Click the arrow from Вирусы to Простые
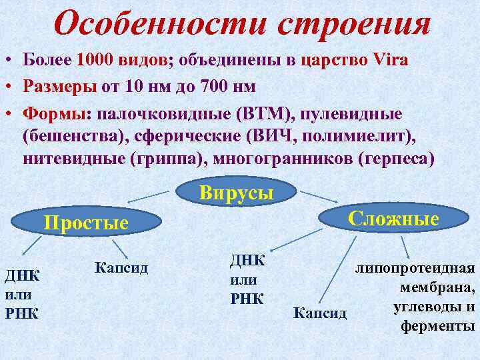click(149, 197)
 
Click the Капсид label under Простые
click(121, 268)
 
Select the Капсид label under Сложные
click(320, 312)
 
